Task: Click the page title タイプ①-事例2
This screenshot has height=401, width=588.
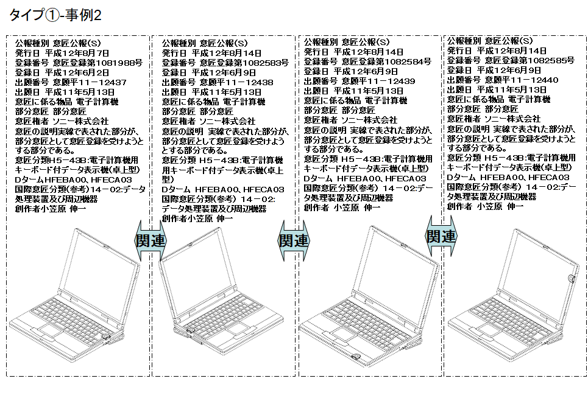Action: coord(55,15)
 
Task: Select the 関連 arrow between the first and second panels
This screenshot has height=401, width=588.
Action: coord(149,240)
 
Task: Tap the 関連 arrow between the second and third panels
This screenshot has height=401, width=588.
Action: coord(294,240)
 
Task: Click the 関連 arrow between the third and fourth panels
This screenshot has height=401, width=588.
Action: coord(441,235)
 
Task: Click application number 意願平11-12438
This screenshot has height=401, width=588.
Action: coord(235,82)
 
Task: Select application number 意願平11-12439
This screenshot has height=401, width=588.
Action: coord(377,81)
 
